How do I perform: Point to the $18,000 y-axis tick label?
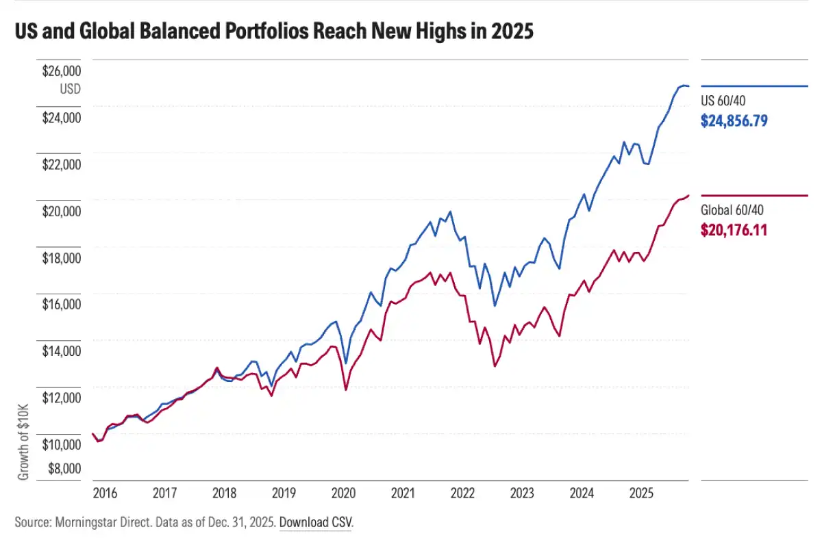click(62, 258)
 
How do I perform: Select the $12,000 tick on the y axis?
click(62, 398)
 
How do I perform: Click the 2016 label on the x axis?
click(104, 493)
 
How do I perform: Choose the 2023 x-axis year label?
click(522, 493)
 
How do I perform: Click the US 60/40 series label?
click(723, 101)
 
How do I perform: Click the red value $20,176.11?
click(733, 230)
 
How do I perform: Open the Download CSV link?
click(316, 522)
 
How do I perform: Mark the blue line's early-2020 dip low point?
click(346, 363)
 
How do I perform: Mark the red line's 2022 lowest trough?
click(495, 366)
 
